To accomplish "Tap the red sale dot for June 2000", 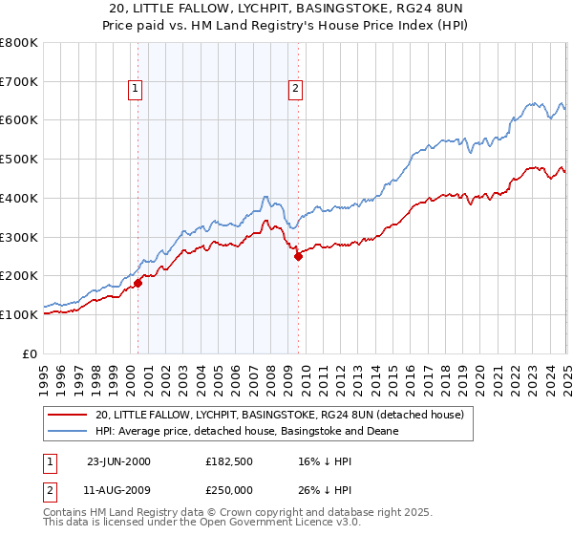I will pyautogui.click(x=138, y=282).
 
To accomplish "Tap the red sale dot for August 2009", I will pyautogui.click(x=298, y=256).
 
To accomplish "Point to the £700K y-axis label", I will pyautogui.click(x=19, y=82).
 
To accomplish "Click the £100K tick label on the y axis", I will pyautogui.click(x=19, y=314).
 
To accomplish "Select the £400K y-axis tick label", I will pyautogui.click(x=19, y=199).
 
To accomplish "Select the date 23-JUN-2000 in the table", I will pyautogui.click(x=118, y=461).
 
